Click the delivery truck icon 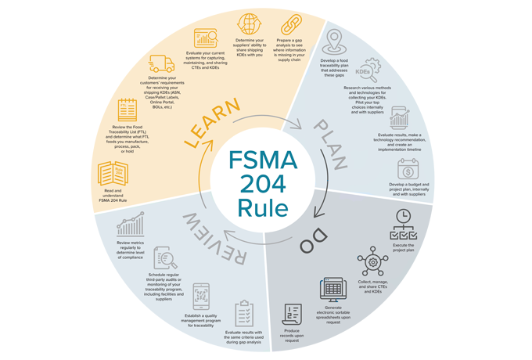[x=161, y=63]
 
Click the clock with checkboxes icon [x=404, y=222]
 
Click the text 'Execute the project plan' [x=403, y=247]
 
